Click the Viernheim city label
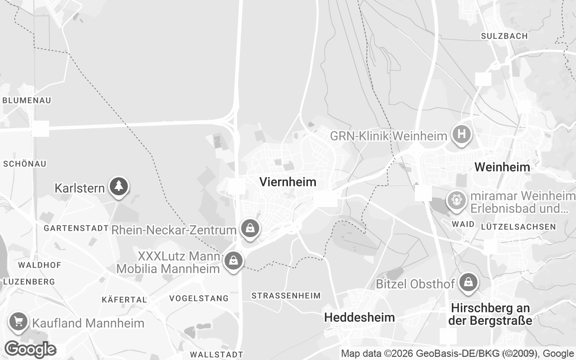[288, 182]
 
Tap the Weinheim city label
[502, 167]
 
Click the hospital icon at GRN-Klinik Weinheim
[461, 134]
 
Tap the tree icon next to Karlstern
[119, 186]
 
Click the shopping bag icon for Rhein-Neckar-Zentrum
[249, 228]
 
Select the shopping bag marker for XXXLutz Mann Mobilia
[233, 261]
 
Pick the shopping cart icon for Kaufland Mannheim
[18, 322]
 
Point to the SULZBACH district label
[504, 36]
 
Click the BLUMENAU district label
[27, 100]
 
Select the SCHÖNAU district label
[25, 164]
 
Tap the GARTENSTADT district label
[76, 228]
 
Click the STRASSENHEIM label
[286, 296]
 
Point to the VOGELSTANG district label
[199, 298]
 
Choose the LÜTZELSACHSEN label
[518, 226]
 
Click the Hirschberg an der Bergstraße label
[490, 315]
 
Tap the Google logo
[30, 349]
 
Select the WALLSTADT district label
[216, 355]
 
